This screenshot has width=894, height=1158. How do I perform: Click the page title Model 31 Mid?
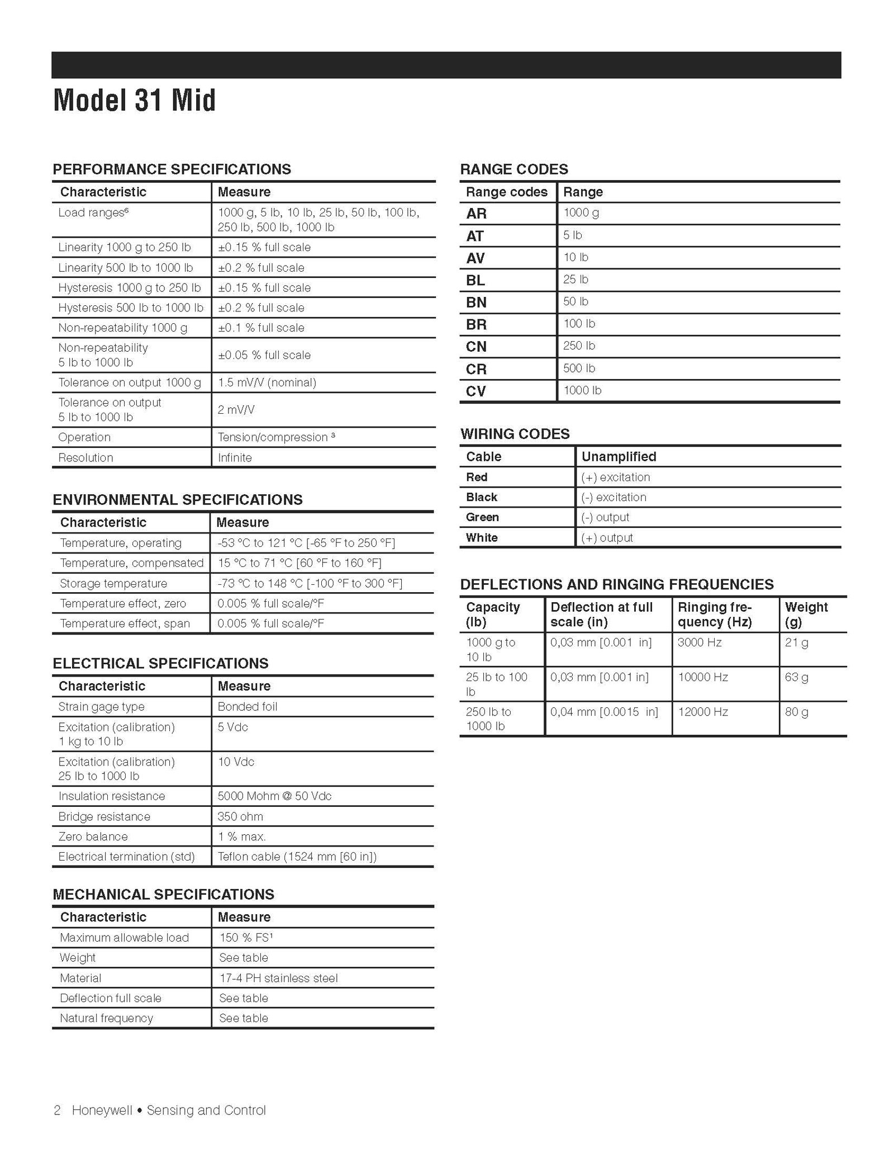[x=134, y=101]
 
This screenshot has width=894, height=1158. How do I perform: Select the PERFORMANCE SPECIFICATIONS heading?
[x=172, y=169]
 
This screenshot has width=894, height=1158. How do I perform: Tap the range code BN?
[x=476, y=303]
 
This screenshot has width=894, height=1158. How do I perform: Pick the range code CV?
[x=476, y=391]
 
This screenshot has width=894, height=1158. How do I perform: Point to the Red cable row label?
[x=477, y=477]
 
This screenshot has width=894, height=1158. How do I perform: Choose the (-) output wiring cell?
[x=605, y=517]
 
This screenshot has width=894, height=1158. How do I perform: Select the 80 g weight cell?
[x=797, y=712]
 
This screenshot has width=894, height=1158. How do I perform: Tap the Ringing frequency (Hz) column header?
[x=715, y=615]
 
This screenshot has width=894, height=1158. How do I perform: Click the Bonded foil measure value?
[x=248, y=707]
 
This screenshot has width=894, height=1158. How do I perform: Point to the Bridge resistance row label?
[x=104, y=816]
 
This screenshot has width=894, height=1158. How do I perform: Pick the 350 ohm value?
[x=240, y=816]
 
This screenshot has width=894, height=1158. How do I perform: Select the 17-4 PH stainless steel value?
[x=278, y=978]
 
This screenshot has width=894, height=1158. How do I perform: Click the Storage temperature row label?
[x=113, y=583]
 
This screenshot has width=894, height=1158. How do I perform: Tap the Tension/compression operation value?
[x=276, y=437]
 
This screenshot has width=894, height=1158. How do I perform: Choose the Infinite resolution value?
[x=235, y=457]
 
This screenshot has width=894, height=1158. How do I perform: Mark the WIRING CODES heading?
[x=515, y=434]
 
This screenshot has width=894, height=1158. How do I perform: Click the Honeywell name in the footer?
[x=102, y=1110]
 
